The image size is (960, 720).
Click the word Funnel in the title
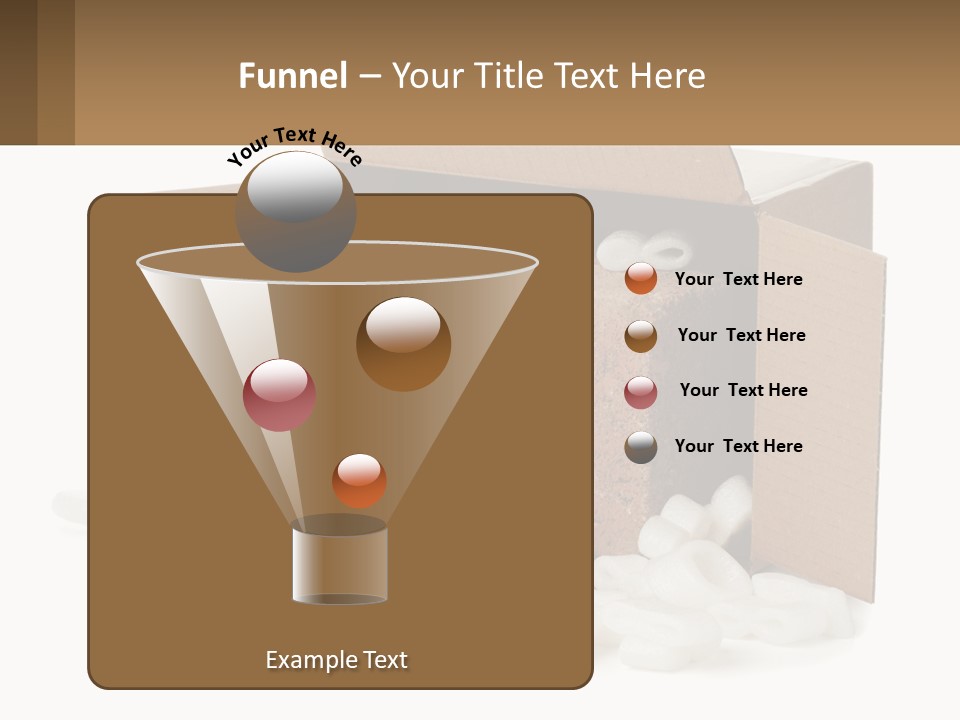tap(292, 76)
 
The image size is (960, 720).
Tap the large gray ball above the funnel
tap(295, 211)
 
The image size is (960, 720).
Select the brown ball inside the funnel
tap(403, 343)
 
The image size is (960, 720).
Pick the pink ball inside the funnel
tap(279, 395)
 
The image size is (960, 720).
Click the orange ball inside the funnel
tap(359, 480)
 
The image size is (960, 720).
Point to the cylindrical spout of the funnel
tap(340, 564)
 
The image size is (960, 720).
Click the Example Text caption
tap(336, 660)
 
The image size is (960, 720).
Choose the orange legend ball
tap(641, 279)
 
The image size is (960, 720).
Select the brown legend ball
tap(641, 336)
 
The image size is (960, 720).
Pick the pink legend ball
tap(641, 392)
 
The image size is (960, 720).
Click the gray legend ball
tap(641, 447)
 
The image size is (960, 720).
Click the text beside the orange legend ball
tap(738, 279)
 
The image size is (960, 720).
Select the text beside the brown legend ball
tap(741, 335)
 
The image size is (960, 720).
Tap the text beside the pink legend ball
tap(743, 390)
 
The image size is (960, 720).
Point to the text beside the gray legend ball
tap(738, 446)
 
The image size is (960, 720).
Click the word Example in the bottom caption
tap(309, 660)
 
